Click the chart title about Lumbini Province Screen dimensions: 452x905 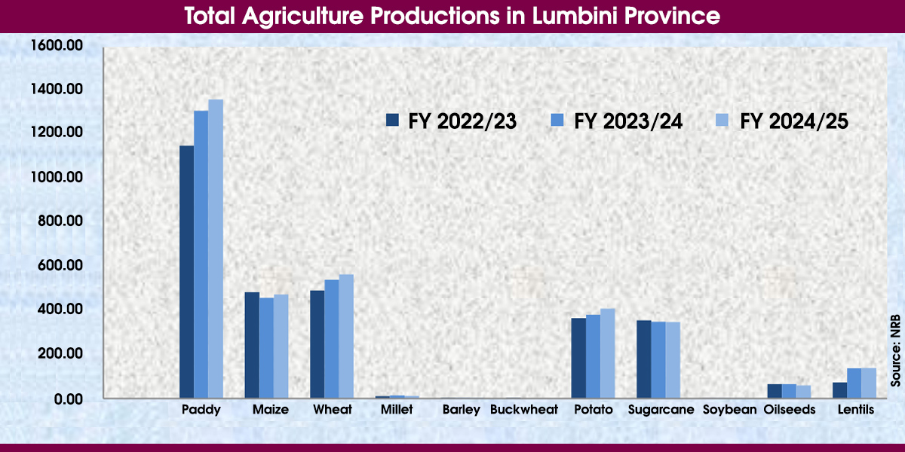tap(452, 16)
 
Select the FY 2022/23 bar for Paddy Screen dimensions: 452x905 tap(186, 271)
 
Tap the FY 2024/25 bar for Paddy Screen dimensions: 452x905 tap(216, 249)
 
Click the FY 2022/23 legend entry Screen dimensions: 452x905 tap(451, 121)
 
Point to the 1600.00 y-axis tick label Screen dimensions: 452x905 tap(57, 45)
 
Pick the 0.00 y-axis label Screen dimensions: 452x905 tap(66, 399)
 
